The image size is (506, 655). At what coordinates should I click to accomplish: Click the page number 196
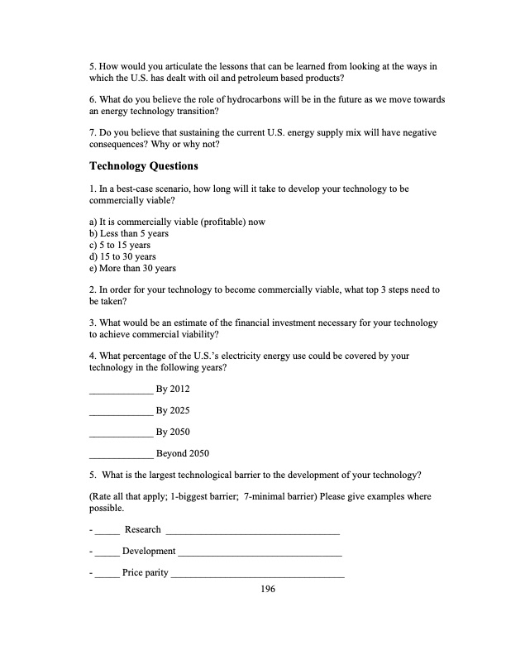[x=267, y=589]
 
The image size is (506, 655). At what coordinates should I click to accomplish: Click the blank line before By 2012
[x=120, y=389]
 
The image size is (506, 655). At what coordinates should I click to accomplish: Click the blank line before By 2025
[x=120, y=410]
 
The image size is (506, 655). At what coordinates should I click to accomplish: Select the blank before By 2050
[x=120, y=432]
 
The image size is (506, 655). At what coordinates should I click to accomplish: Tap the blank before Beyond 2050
[x=120, y=453]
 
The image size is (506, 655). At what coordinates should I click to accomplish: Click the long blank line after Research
[x=253, y=530]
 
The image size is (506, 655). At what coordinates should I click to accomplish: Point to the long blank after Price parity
[x=257, y=573]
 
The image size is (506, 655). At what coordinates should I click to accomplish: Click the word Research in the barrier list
[x=142, y=529]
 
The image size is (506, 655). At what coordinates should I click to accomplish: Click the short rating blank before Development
[x=107, y=552]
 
